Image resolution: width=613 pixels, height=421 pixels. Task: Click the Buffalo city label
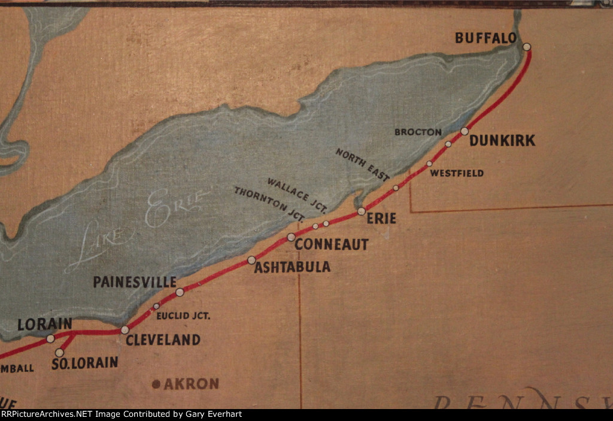485,38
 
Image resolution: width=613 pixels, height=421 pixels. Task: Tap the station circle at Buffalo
526,47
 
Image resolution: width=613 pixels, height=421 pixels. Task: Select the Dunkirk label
502,141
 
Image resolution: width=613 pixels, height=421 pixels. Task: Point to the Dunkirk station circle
465,131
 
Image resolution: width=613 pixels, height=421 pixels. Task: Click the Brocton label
418,132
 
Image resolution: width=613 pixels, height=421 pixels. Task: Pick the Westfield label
457,174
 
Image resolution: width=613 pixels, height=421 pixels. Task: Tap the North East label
363,165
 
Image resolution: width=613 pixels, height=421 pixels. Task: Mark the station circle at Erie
362,211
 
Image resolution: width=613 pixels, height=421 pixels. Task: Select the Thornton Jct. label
270,202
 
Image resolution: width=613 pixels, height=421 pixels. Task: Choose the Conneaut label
331,244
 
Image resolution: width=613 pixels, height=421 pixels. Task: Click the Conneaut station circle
291,237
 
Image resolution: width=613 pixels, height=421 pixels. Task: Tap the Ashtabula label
292,267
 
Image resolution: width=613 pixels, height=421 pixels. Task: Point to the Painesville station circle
180,292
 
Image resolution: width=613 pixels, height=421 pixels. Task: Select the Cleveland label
163,340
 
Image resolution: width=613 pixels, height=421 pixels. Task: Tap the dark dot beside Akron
156,384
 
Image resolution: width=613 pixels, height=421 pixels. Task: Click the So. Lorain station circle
59,353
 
